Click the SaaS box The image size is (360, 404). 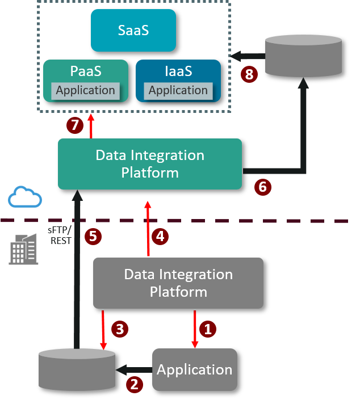[x=133, y=30]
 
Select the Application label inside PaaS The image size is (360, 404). [x=85, y=90]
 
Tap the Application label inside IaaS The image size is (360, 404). [x=178, y=91]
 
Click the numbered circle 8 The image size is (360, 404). [x=249, y=74]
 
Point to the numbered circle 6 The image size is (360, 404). [x=262, y=187]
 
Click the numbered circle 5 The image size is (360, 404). [x=93, y=236]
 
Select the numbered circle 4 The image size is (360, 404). [x=160, y=236]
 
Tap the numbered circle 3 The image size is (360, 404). [x=119, y=329]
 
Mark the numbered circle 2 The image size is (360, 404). [x=134, y=384]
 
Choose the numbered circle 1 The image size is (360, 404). [x=208, y=329]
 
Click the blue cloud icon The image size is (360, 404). [x=25, y=197]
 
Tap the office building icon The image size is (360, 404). [x=23, y=249]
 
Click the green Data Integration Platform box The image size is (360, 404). [x=150, y=164]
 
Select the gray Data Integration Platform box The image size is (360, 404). [x=178, y=283]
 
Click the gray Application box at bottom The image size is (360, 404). [x=194, y=369]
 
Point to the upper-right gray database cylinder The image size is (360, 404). [x=303, y=56]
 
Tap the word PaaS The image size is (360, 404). [x=86, y=72]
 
